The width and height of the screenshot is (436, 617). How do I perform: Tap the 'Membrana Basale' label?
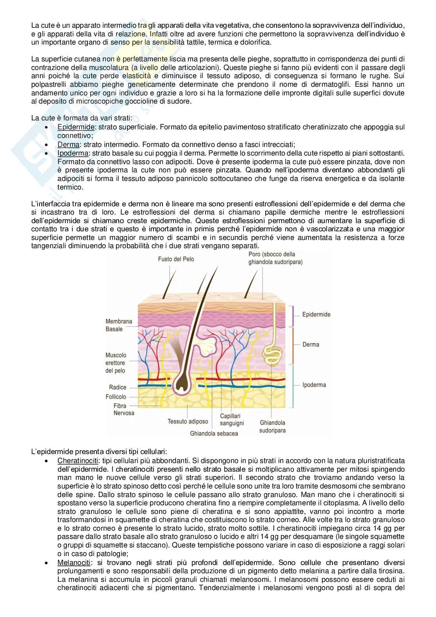(119, 325)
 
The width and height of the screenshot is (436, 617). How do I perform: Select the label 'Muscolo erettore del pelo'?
(116, 363)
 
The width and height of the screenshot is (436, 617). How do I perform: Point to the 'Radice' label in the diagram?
(118, 387)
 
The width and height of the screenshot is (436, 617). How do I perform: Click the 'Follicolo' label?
(116, 397)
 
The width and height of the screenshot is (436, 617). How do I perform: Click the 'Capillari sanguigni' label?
(232, 420)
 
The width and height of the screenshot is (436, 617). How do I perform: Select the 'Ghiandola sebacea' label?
(214, 433)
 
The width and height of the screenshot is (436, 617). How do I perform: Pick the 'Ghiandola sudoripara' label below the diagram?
(272, 426)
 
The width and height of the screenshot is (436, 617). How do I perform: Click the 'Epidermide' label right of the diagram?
(316, 314)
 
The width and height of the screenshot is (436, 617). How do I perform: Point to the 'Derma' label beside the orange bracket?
(311, 344)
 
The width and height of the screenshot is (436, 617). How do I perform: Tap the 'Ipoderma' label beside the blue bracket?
(314, 385)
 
